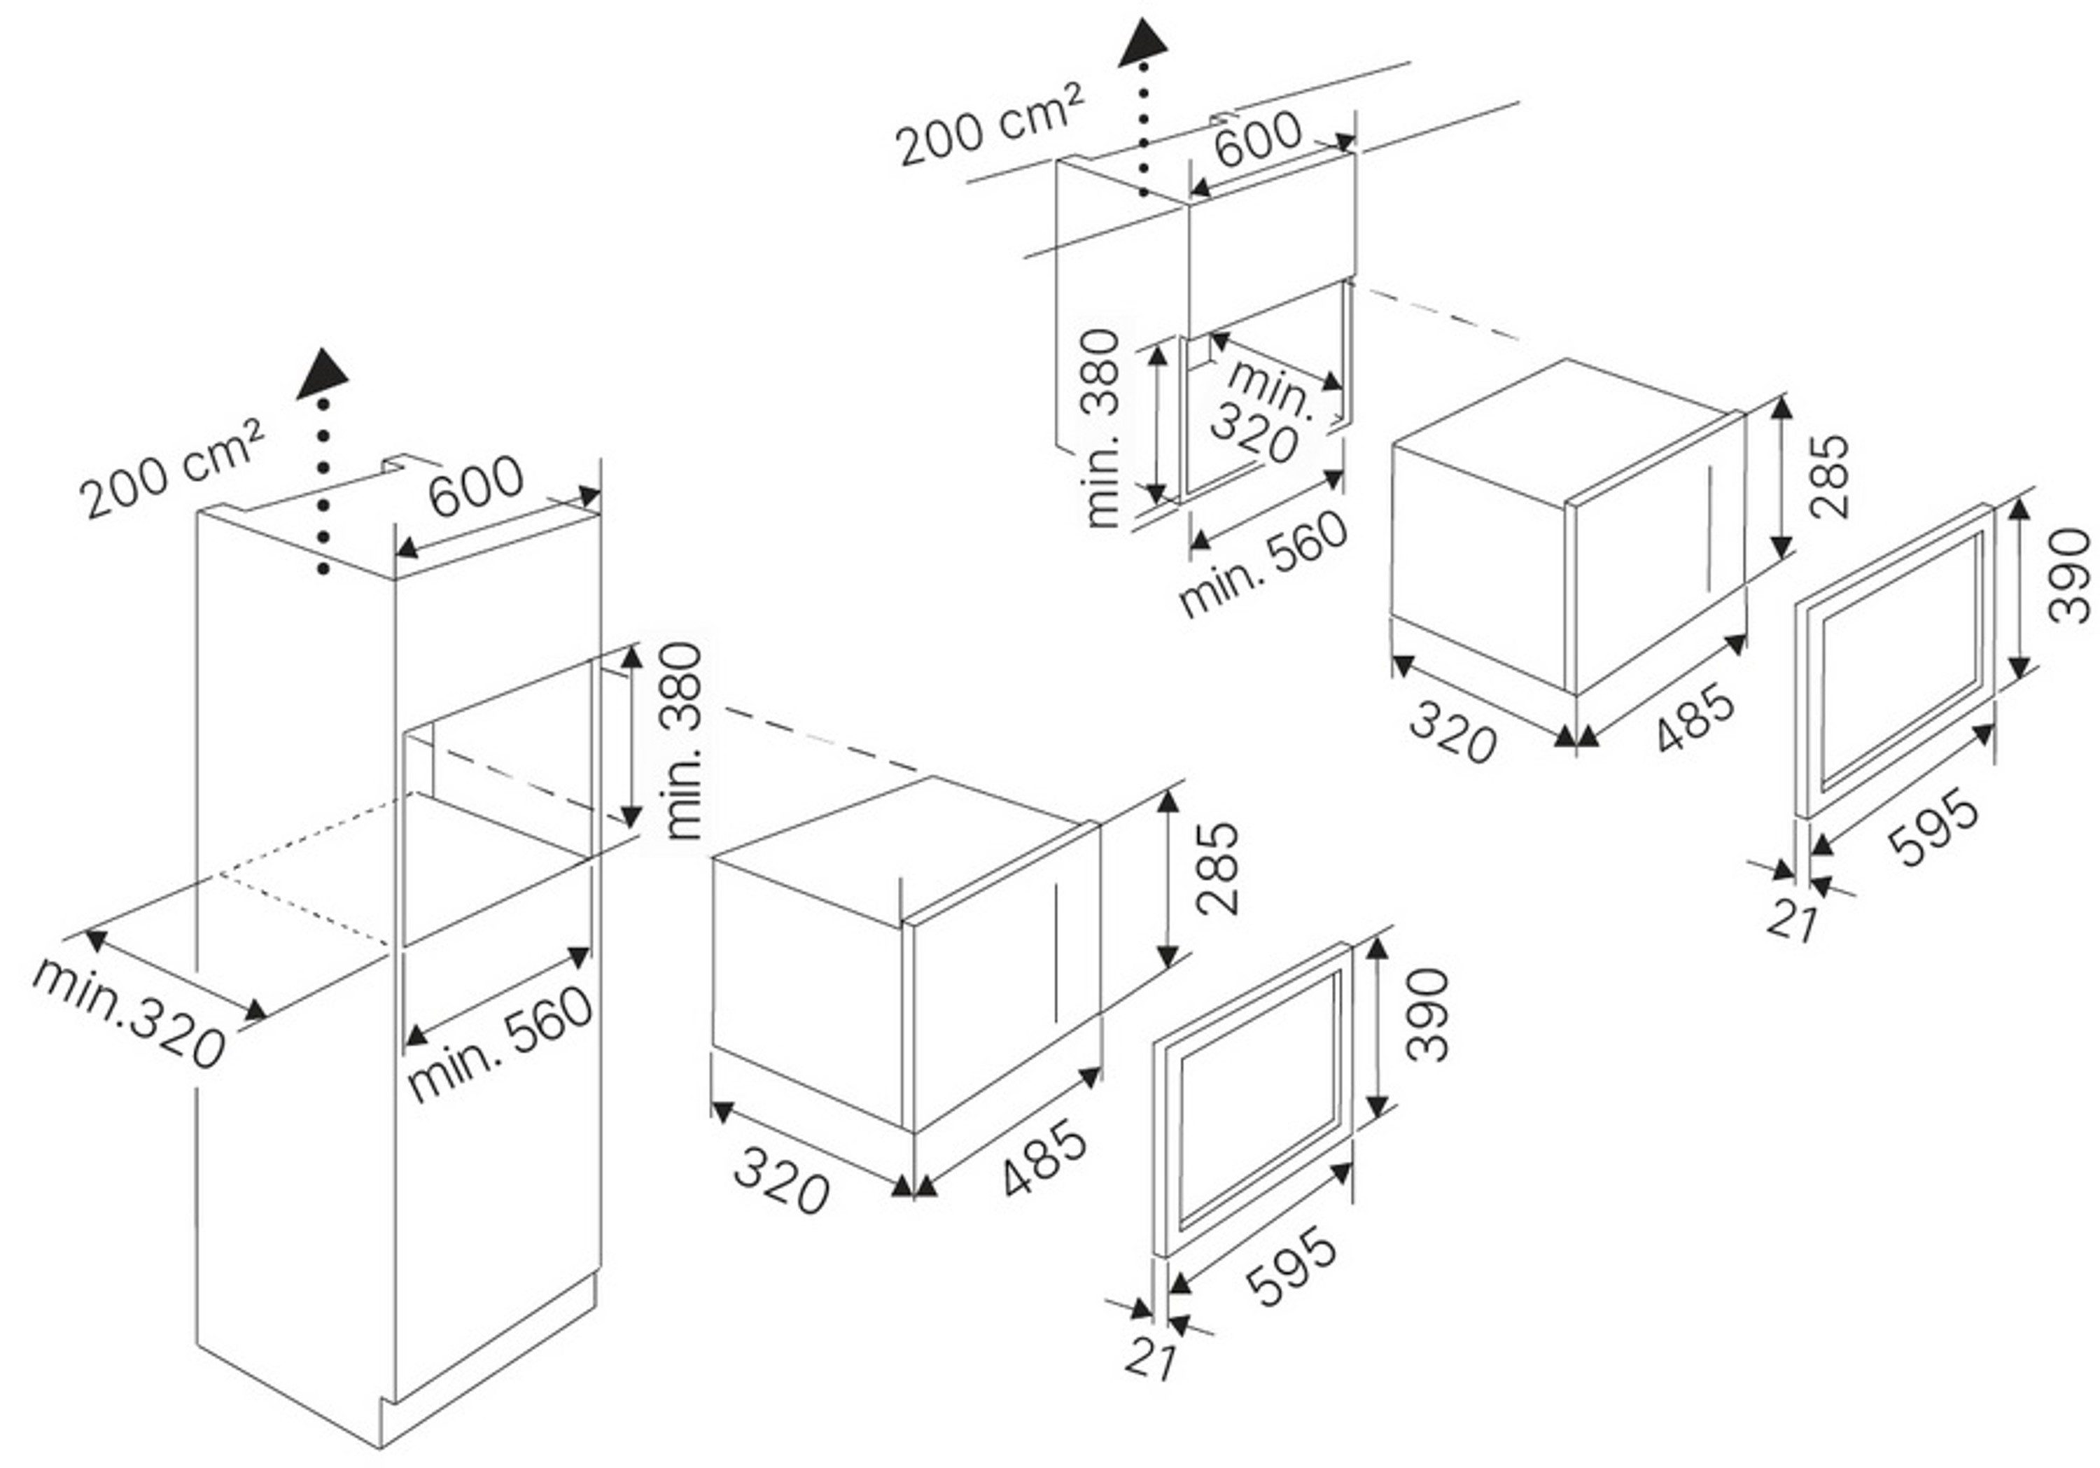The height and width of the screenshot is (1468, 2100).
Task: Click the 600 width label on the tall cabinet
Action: point(477,484)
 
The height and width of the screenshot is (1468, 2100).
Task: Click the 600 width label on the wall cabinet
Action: point(1259,138)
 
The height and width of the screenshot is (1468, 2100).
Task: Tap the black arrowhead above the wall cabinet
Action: point(1143,43)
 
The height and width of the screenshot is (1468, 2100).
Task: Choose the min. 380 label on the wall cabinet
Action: point(1101,428)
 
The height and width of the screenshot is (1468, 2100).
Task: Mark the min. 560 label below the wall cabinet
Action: point(1264,564)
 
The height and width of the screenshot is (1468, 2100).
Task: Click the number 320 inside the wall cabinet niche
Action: point(1254,433)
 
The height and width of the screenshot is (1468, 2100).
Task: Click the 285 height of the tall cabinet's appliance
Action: point(1217,868)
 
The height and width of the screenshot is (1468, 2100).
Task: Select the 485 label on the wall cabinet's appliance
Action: point(1695,719)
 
